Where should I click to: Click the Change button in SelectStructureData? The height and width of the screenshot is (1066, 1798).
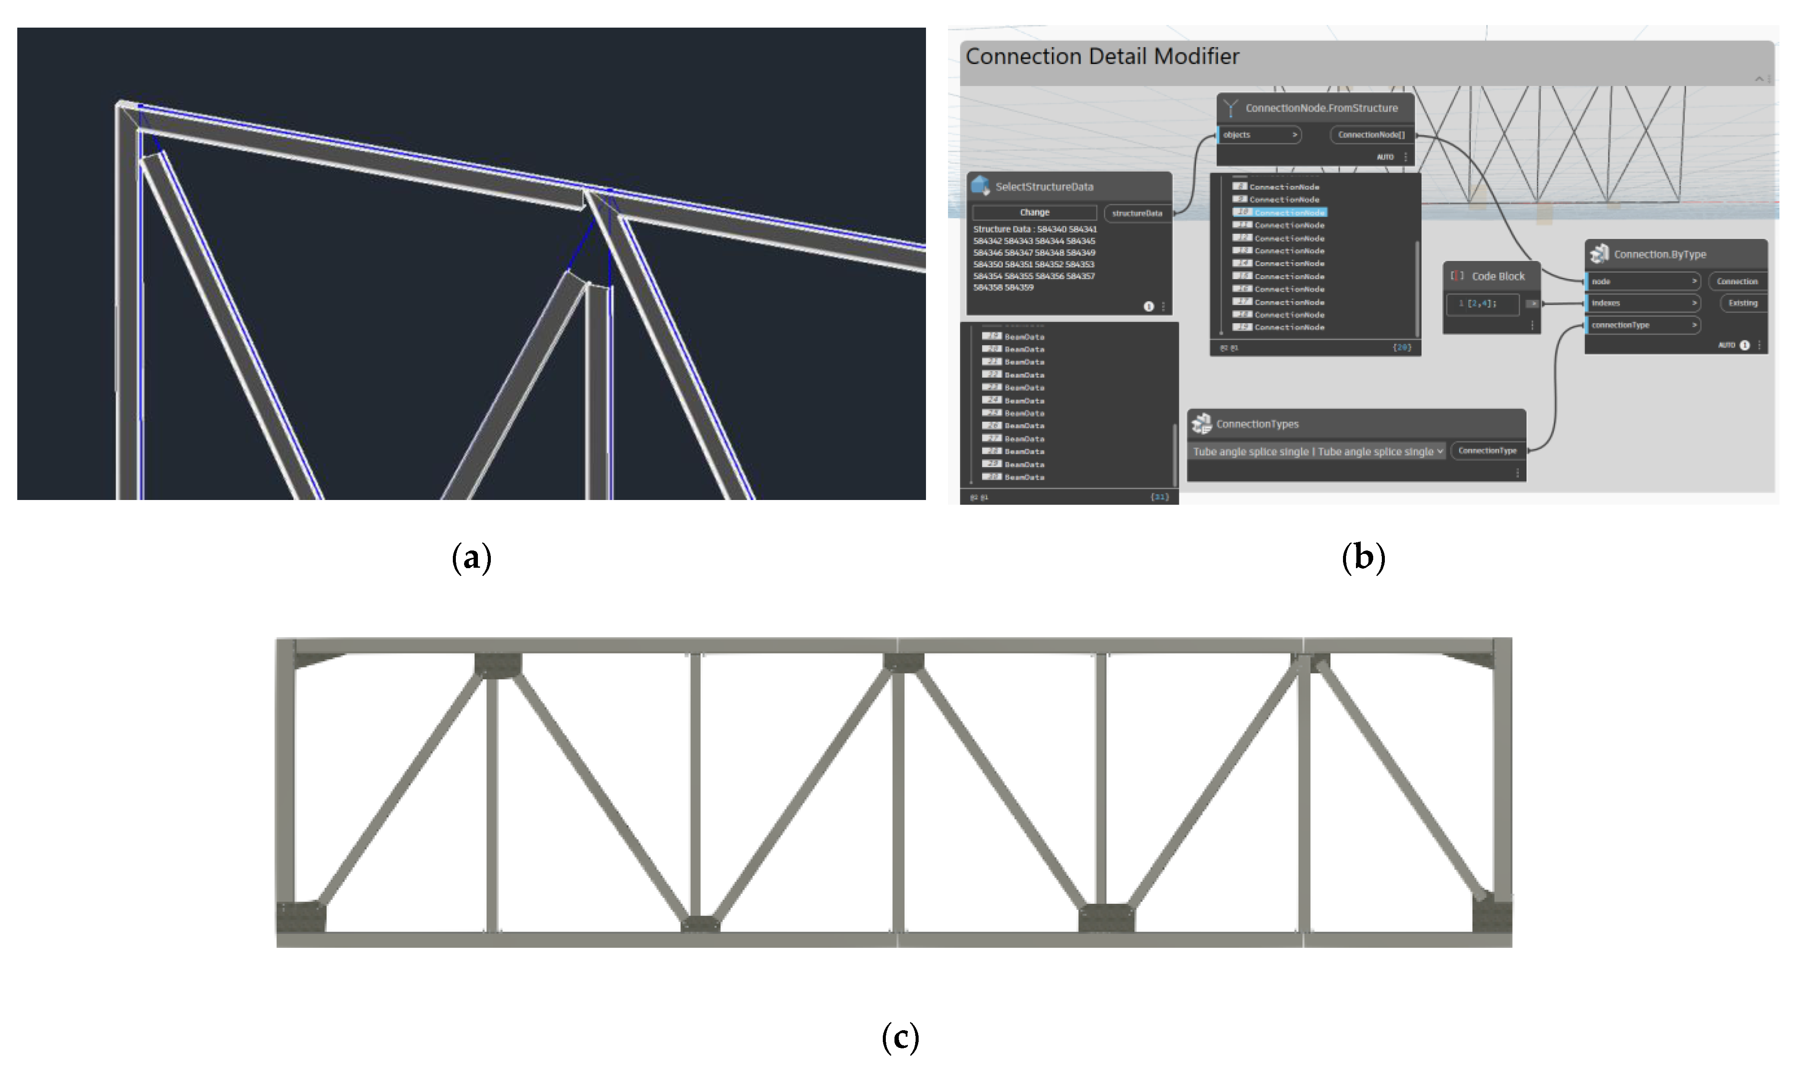point(1034,213)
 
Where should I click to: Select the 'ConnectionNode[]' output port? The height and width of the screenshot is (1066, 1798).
point(1371,135)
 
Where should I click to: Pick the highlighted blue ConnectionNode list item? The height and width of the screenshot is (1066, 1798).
point(1289,213)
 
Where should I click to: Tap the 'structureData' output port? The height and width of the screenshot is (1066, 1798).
point(1137,214)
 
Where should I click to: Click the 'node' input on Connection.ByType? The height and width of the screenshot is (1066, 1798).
point(1643,282)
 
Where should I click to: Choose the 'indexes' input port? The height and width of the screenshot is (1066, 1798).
point(1643,303)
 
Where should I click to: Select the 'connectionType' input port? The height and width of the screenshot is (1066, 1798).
point(1643,325)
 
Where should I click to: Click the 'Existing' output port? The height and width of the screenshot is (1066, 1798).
point(1743,303)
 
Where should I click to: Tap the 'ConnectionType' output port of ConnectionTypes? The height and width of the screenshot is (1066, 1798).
point(1487,451)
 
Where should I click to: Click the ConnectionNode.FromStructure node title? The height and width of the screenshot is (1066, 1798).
point(1321,108)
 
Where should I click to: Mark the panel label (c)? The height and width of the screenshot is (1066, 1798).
point(900,1037)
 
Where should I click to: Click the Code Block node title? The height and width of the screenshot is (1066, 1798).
point(1498,277)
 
